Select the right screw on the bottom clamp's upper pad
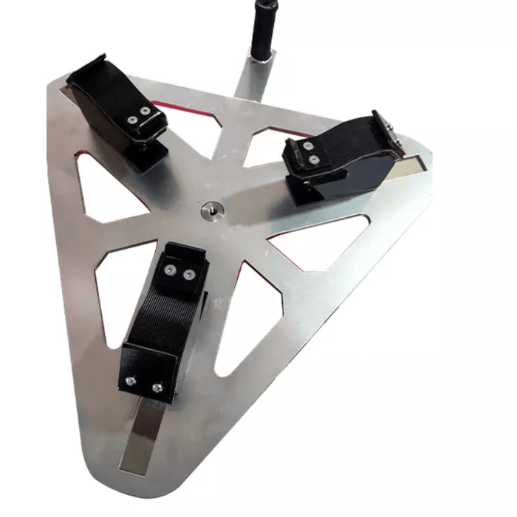[x=190, y=275]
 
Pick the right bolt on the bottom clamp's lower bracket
[x=157, y=387]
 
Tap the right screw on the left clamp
[x=145, y=112]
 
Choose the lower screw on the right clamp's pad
[x=315, y=159]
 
